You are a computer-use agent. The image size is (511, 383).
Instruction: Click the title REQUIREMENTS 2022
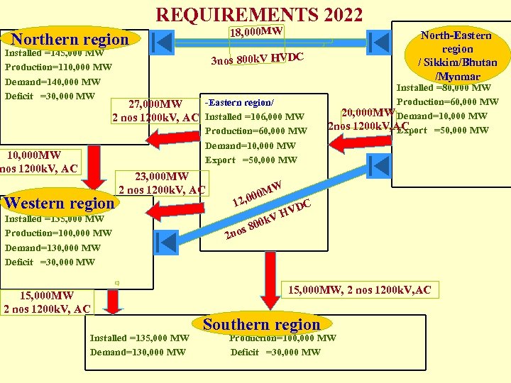pyautogui.click(x=259, y=15)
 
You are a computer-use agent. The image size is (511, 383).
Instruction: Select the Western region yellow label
pyautogui.click(x=60, y=203)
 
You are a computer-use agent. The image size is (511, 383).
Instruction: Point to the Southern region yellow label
pyautogui.click(x=262, y=325)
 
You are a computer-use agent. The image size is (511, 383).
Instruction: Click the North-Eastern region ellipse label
pyautogui.click(x=458, y=55)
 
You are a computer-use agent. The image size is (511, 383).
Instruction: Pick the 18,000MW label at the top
pyautogui.click(x=257, y=32)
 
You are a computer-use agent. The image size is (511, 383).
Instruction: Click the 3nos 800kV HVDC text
pyautogui.click(x=258, y=58)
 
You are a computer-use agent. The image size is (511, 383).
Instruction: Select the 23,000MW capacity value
pyautogui.click(x=163, y=177)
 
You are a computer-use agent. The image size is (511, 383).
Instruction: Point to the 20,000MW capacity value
pyautogui.click(x=368, y=112)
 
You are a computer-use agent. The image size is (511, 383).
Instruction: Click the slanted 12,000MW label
pyautogui.click(x=258, y=191)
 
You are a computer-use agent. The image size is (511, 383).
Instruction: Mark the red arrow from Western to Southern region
pyautogui.click(x=114, y=302)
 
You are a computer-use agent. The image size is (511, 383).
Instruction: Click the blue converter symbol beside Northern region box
pyautogui.click(x=163, y=42)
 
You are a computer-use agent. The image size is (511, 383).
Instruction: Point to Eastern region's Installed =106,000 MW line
pyautogui.click(x=255, y=117)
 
